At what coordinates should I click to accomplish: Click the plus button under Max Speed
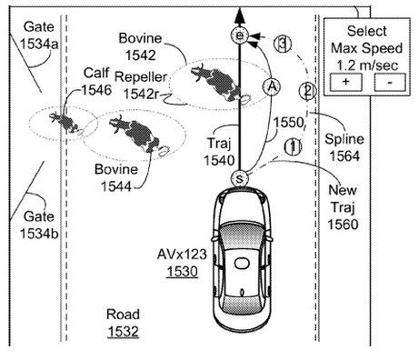tap(345, 82)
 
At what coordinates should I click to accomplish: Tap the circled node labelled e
tap(239, 35)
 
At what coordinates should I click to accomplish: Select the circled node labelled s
tap(239, 178)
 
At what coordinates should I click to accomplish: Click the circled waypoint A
tap(272, 86)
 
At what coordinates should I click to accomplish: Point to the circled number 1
tap(293, 146)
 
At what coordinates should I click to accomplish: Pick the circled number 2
tap(307, 91)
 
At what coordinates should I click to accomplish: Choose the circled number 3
tap(283, 45)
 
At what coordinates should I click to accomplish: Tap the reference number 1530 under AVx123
tap(182, 271)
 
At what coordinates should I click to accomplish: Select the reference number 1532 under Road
tap(123, 331)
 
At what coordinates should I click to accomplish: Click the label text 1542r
tap(141, 94)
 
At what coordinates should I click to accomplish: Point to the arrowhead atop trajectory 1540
tap(239, 15)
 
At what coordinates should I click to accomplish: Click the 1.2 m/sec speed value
tap(367, 65)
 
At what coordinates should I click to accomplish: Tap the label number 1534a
tap(39, 45)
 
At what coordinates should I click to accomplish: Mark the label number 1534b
tap(39, 234)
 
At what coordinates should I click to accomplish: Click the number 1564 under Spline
tap(344, 156)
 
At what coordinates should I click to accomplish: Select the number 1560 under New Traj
tap(343, 225)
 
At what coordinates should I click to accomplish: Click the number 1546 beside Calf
tap(96, 90)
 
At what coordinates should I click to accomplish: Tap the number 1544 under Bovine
tap(116, 186)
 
